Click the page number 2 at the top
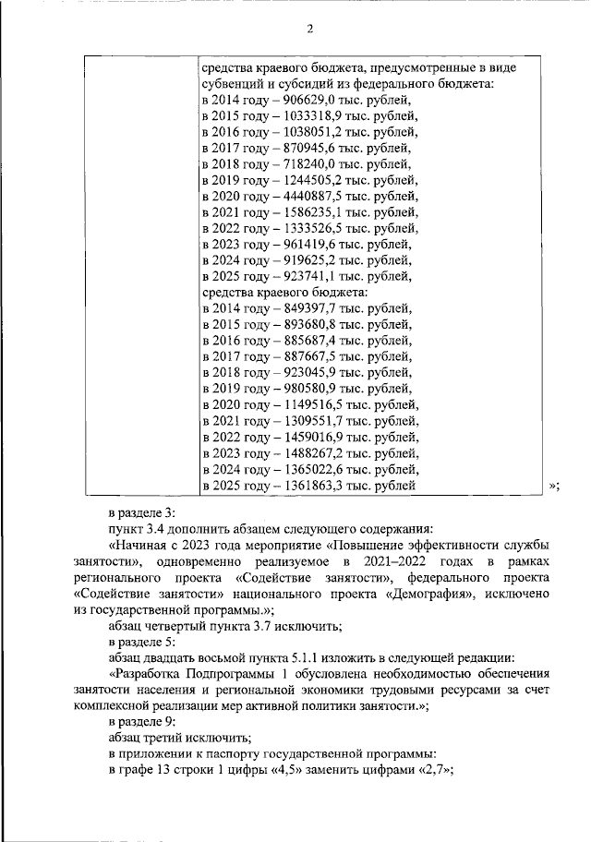pos(310,28)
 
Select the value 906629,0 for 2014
pos(297,101)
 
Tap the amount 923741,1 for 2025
pos(297,273)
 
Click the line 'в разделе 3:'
pos(139,512)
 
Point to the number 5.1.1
pos(305,657)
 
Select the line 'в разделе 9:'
pos(139,721)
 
